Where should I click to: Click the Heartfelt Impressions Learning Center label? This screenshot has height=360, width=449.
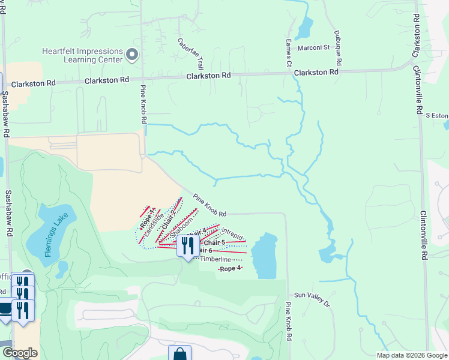(x=82, y=56)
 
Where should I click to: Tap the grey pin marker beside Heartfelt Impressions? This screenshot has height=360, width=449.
(x=133, y=55)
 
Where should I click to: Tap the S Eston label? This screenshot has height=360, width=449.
(x=436, y=115)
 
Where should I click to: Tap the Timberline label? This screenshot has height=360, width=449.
(x=215, y=259)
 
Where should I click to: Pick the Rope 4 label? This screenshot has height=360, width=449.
(x=231, y=268)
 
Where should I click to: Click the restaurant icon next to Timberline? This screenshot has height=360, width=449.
(x=188, y=245)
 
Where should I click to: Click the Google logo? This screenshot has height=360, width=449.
(x=20, y=353)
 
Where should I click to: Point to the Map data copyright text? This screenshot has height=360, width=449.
(x=411, y=355)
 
